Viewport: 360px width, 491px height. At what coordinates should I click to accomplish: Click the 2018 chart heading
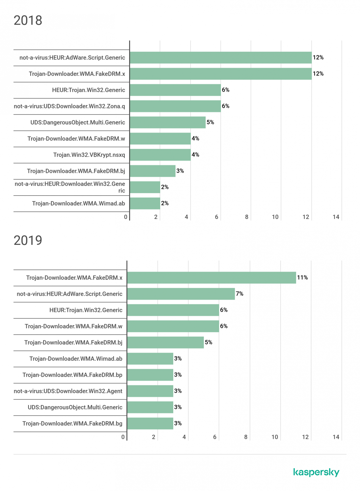tap(28, 20)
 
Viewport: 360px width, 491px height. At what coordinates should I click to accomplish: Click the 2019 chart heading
tap(28, 240)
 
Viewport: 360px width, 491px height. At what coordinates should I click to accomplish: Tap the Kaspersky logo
tap(316, 472)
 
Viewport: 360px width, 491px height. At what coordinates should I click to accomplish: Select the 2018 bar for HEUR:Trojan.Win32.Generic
tap(175, 90)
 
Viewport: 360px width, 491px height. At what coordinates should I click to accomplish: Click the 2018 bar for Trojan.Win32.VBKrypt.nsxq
tap(160, 155)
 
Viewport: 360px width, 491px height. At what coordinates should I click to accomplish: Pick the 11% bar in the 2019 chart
tap(211, 277)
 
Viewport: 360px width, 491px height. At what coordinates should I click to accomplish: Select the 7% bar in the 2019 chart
tap(181, 294)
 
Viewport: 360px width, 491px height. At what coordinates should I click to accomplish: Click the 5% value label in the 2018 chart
tap(210, 122)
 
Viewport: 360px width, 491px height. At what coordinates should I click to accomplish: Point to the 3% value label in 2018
tap(180, 171)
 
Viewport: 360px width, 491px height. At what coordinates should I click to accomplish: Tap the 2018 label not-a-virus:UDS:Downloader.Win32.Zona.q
tap(69, 106)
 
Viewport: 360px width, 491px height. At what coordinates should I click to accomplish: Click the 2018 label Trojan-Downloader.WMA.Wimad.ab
tap(78, 203)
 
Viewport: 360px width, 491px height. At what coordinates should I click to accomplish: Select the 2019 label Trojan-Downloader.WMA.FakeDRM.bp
tap(72, 375)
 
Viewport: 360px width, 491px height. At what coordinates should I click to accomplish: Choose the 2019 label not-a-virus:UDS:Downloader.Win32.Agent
tap(68, 391)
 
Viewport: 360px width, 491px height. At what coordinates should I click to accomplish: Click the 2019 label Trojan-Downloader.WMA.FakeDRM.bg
tap(72, 423)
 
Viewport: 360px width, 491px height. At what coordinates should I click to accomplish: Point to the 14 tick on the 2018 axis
tap(336, 217)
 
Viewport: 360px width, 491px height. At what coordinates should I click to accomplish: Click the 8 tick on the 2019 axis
tap(246, 437)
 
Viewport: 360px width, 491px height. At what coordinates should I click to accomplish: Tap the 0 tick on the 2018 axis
tap(126, 217)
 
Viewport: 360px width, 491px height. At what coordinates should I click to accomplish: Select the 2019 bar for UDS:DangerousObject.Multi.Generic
tap(150, 407)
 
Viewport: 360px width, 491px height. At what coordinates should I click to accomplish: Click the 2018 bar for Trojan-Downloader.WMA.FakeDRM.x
tap(221, 74)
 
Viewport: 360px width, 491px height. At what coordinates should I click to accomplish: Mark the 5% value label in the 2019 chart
tap(208, 342)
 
